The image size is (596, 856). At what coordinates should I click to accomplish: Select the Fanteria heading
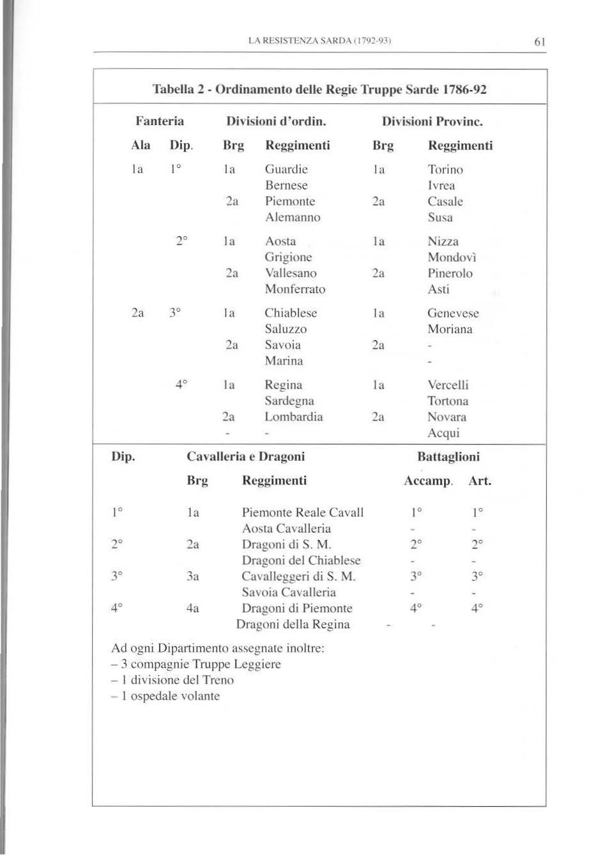(160, 121)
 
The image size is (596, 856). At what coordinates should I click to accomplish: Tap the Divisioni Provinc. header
(432, 121)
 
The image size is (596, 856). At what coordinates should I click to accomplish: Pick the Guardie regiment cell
(286, 169)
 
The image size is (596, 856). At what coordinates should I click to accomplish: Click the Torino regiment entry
(445, 169)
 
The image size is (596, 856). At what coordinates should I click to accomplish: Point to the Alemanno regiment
(293, 217)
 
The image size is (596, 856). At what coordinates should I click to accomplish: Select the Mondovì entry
(452, 257)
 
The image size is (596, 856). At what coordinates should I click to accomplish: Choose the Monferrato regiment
(295, 289)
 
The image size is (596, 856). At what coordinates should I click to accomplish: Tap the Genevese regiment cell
(453, 313)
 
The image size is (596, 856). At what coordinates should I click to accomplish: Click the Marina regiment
(284, 361)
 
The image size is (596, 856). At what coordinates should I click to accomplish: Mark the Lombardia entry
(294, 417)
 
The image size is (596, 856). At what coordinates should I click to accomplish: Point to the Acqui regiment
(443, 433)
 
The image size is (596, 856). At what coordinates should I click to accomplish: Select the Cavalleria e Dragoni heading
(245, 456)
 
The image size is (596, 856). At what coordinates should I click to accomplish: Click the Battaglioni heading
(448, 456)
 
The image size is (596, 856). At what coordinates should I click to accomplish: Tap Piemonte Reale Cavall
(303, 513)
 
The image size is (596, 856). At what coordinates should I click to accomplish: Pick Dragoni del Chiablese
(302, 560)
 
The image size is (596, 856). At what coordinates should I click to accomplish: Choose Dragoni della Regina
(293, 624)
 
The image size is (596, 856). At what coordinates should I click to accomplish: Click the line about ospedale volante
(165, 696)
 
